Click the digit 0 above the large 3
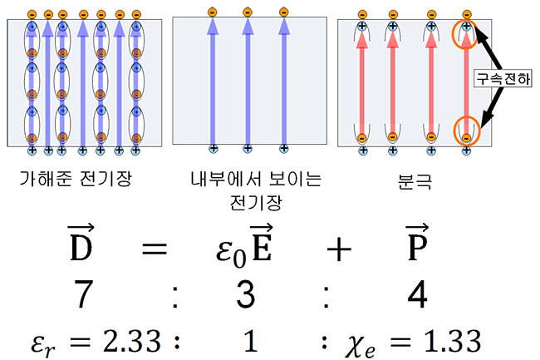coord(239,259)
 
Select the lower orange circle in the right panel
coord(466,132)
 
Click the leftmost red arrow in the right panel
coord(363,83)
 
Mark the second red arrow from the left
coord(395,83)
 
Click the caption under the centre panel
coord(247,184)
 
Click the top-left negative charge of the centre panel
coord(209,13)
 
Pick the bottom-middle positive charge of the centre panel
coord(247,150)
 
